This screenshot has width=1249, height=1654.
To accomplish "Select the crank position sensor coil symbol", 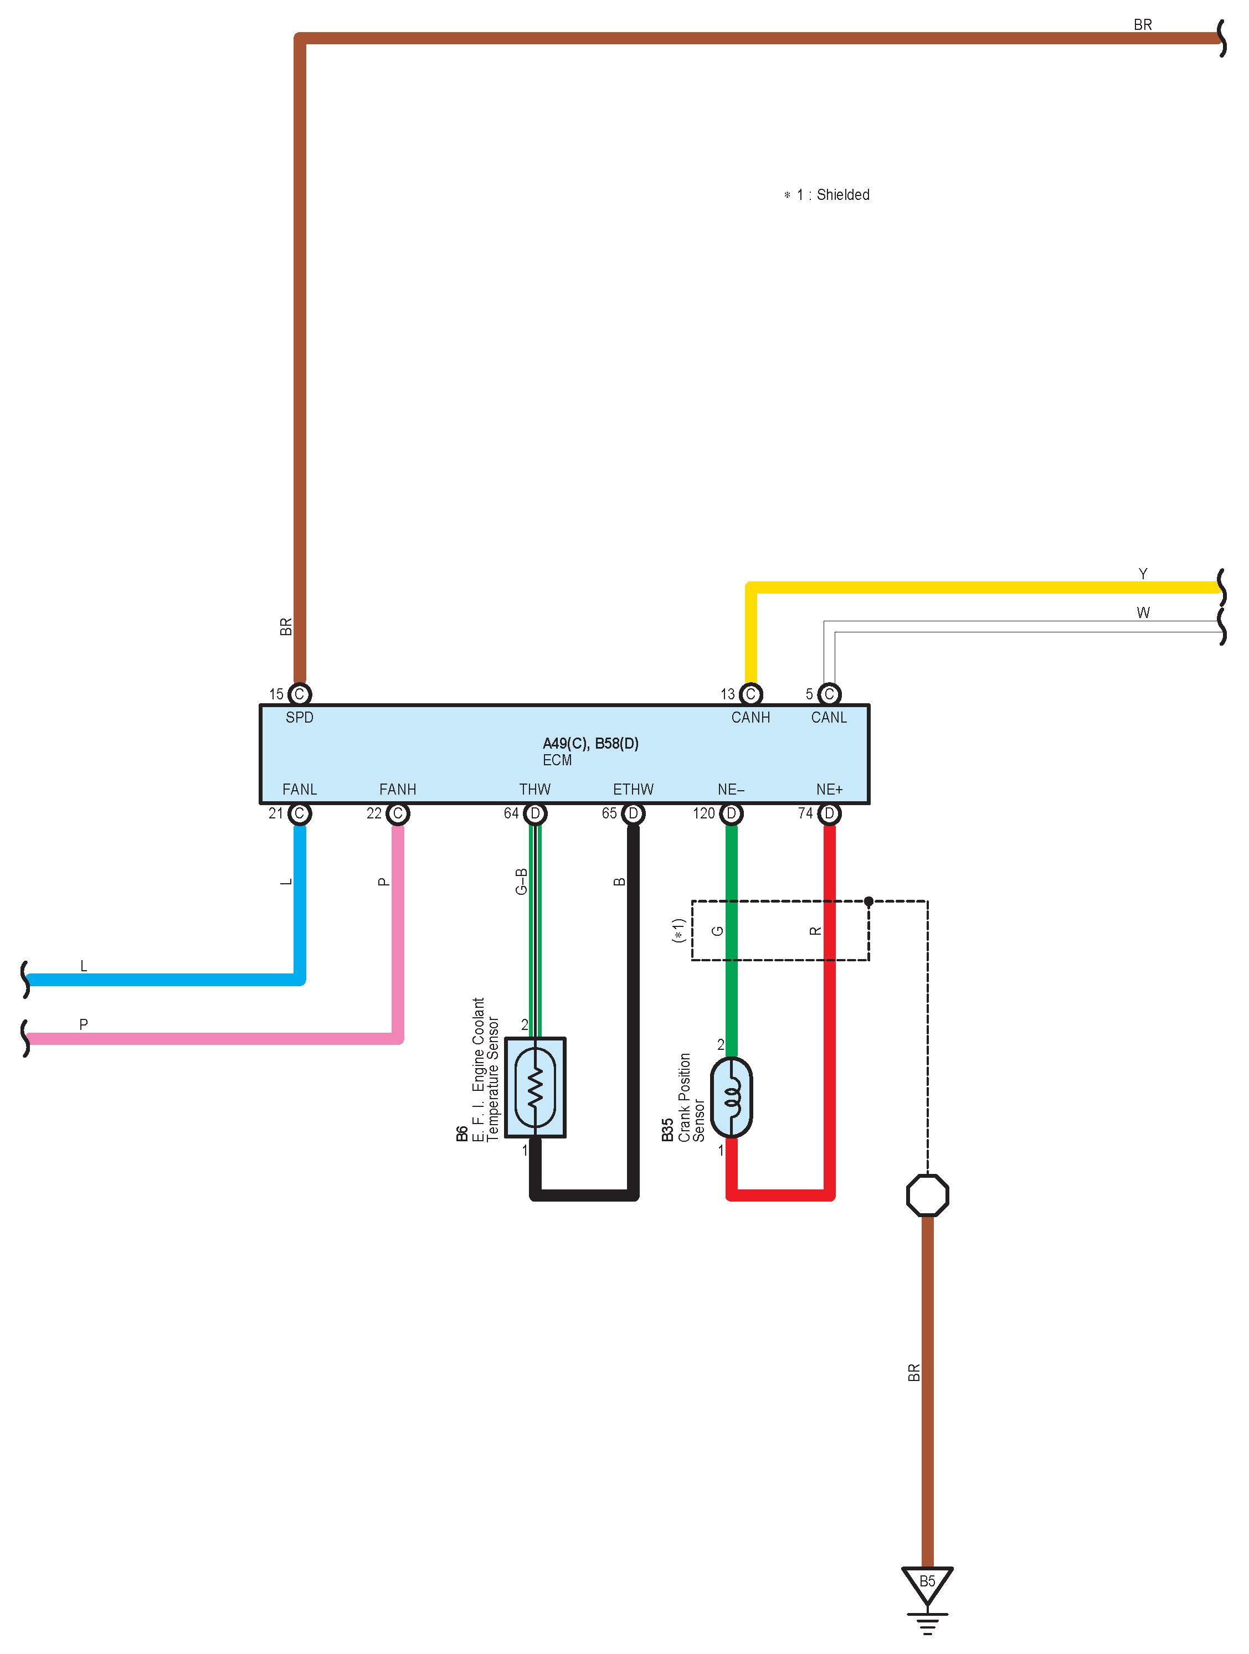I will point(732,1097).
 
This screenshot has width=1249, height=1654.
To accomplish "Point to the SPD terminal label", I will point(299,717).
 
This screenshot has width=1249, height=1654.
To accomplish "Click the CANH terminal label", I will point(750,717).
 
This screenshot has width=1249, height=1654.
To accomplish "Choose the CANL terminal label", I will point(829,717).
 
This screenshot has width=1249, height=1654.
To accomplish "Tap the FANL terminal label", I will point(299,789).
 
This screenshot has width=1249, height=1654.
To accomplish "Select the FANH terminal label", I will point(397,789).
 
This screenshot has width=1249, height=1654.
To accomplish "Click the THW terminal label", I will point(534,789).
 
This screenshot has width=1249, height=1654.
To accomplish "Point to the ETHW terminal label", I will point(633,789).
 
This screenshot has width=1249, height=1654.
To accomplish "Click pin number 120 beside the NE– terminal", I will point(704,813).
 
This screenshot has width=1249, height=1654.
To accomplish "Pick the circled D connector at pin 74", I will point(829,813).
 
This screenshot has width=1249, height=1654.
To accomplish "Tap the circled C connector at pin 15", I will point(299,694).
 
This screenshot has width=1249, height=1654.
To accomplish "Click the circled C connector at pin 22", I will point(398,813).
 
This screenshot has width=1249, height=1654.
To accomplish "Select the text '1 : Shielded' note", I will point(832,194).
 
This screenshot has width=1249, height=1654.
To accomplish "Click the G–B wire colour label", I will point(521,881).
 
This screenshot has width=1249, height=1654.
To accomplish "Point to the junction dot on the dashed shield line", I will point(868,901).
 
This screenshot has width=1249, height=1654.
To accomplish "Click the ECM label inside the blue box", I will point(557,760).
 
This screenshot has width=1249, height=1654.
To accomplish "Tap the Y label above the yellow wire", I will point(1143,574).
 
